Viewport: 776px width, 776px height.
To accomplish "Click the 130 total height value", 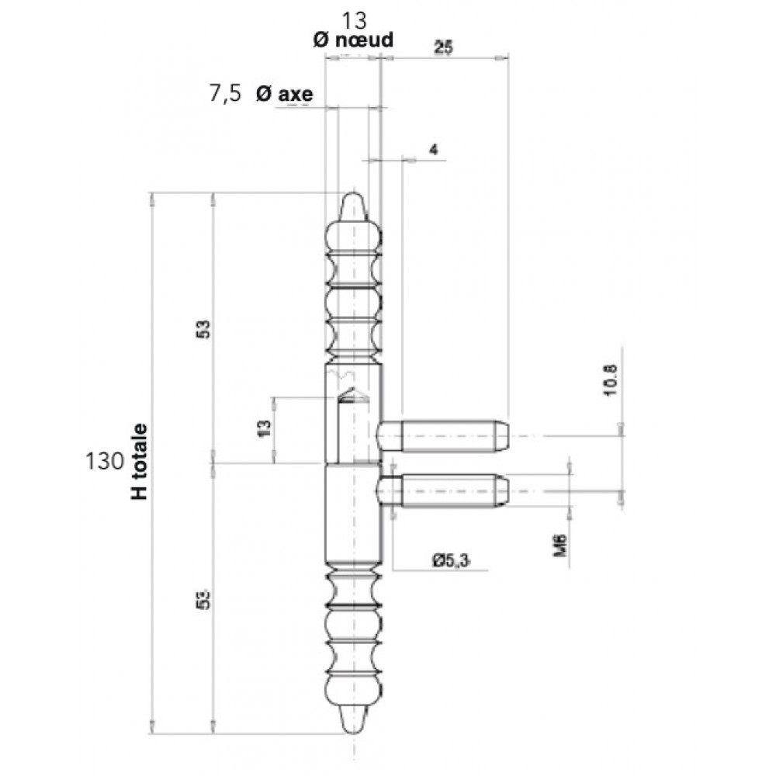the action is [x=105, y=461].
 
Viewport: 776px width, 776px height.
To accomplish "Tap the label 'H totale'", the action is [x=140, y=461].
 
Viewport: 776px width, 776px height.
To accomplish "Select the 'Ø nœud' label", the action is [x=353, y=40].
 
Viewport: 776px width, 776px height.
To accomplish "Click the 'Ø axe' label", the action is [x=285, y=94].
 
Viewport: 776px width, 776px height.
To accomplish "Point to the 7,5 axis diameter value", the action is [x=225, y=93].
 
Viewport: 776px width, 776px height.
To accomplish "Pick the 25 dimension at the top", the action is [x=443, y=48].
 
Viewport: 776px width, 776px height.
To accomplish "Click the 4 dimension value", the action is [x=434, y=149].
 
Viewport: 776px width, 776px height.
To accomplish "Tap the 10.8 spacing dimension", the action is [x=611, y=379].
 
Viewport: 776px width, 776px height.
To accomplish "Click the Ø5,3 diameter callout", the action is [x=450, y=561].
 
